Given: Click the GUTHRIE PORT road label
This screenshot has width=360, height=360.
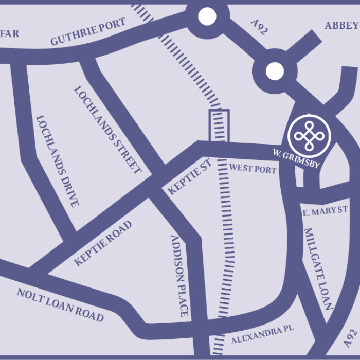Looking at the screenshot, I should (x=88, y=32).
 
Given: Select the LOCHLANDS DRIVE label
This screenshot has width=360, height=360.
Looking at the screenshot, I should (x=57, y=161).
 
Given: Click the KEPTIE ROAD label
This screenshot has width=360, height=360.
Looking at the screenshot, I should (x=102, y=243).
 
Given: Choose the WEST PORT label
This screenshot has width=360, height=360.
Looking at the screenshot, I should (x=253, y=168).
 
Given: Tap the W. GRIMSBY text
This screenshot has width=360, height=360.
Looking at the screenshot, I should (x=296, y=158).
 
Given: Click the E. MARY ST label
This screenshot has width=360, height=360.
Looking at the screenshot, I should (x=325, y=210).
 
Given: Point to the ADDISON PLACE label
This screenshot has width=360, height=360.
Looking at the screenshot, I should (x=180, y=275).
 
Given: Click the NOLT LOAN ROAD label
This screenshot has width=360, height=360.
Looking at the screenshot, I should (x=60, y=304).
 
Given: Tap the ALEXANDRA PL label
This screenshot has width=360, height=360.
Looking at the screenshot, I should (x=263, y=336).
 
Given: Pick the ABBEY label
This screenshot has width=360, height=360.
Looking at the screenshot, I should (x=341, y=25).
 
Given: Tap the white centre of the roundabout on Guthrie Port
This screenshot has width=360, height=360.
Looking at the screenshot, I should (x=207, y=17).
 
